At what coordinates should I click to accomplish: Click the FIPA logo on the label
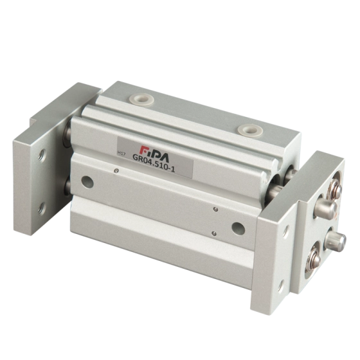click(155, 153)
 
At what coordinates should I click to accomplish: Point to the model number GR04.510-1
click(154, 164)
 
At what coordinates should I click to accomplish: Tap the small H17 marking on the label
click(121, 154)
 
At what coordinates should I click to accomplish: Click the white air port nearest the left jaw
click(141, 100)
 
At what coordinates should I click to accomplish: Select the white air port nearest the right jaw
click(249, 129)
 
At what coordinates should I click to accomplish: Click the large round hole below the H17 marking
click(87, 182)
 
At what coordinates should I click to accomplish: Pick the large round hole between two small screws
click(239, 228)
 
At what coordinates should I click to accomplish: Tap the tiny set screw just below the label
click(116, 170)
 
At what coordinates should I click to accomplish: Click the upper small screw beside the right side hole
click(215, 209)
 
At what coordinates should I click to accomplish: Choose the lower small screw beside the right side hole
click(214, 233)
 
